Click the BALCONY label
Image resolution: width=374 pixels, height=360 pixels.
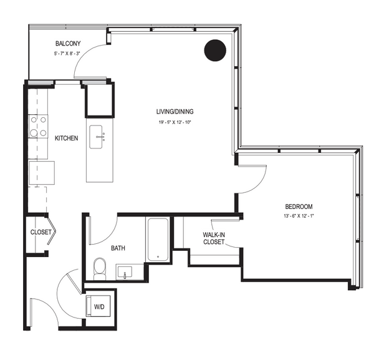68,44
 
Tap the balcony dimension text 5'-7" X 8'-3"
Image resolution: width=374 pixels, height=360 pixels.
67,54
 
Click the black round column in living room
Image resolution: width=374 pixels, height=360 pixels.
215,51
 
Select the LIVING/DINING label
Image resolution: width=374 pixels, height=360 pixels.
175,112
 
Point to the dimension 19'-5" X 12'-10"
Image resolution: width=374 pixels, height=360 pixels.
175,122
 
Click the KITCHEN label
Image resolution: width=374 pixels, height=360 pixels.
66,139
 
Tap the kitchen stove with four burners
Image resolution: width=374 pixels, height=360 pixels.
38,126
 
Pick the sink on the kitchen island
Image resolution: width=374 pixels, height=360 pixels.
96,137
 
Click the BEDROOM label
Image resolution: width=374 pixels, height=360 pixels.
299,207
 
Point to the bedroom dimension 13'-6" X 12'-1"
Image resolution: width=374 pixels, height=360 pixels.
299,216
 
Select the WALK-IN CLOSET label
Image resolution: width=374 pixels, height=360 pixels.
214,238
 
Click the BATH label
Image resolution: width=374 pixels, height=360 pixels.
118,248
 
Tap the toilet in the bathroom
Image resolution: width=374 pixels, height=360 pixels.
100,268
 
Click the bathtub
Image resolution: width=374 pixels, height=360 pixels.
158,239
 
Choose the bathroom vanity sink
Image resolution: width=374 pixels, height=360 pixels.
124,272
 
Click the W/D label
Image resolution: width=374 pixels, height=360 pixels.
99,307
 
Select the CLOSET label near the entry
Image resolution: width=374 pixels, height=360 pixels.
41,232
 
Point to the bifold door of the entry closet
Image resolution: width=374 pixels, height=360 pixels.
52,231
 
